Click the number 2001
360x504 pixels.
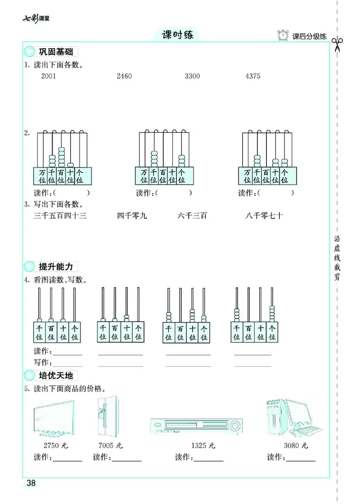click(x=49, y=76)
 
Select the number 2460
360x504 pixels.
click(x=124, y=76)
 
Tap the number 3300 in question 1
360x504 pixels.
click(x=192, y=76)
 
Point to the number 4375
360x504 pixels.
click(x=253, y=76)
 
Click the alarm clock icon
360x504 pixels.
click(x=283, y=36)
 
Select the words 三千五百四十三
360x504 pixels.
click(x=60, y=216)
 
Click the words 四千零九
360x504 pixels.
click(x=132, y=216)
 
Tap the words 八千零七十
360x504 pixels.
click(x=265, y=216)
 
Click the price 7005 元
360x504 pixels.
click(x=110, y=445)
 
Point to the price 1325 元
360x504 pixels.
click(x=203, y=445)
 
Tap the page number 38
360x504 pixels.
click(x=31, y=483)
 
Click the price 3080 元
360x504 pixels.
click(x=296, y=445)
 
